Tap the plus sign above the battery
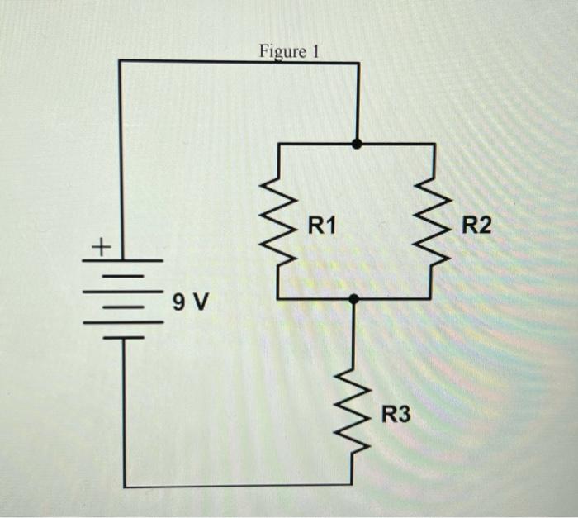tap(100, 245)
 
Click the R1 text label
tap(323, 224)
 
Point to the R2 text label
tap(476, 224)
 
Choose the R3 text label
tap(395, 413)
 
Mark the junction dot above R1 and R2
tap(356, 144)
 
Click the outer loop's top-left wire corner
tap(121, 61)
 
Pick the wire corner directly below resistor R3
tap(355, 486)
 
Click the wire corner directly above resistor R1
tap(279, 145)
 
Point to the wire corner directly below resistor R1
tap(279, 299)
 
